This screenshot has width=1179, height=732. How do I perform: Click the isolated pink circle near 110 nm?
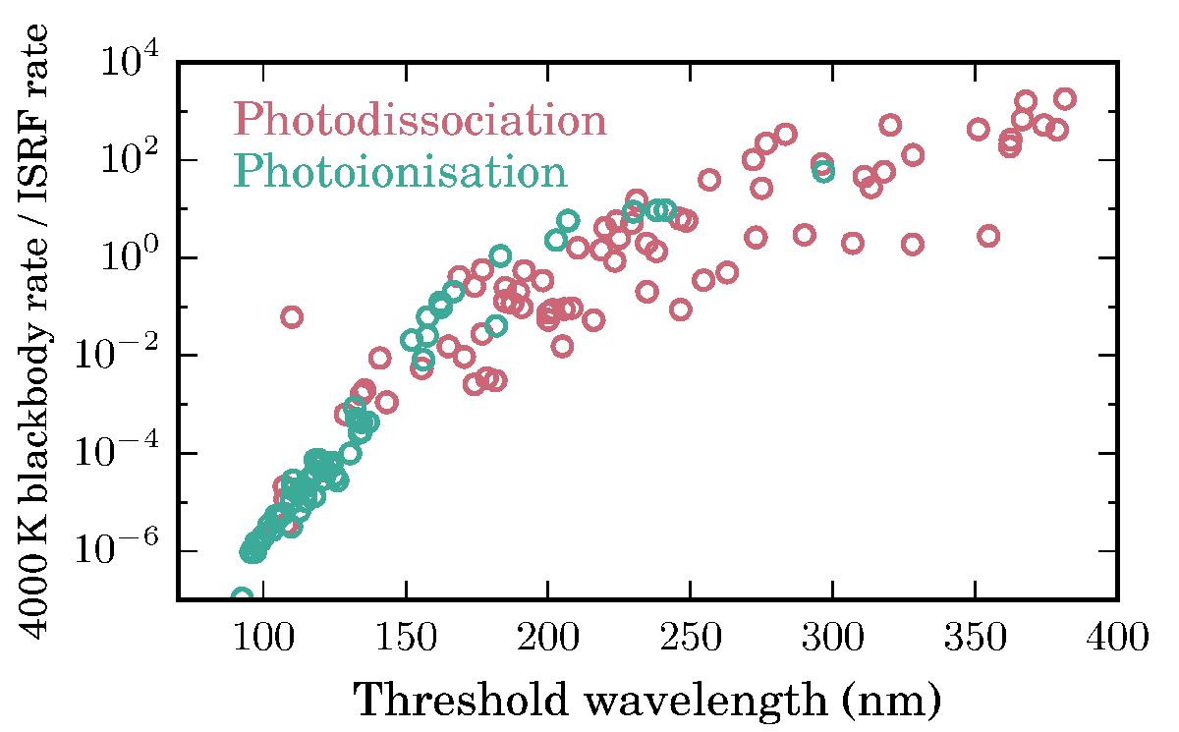point(292,316)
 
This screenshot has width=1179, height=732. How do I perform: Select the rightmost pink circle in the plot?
point(1064,98)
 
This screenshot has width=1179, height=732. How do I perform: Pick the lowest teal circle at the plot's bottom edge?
point(242,596)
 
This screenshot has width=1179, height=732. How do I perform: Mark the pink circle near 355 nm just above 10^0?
point(988,236)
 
